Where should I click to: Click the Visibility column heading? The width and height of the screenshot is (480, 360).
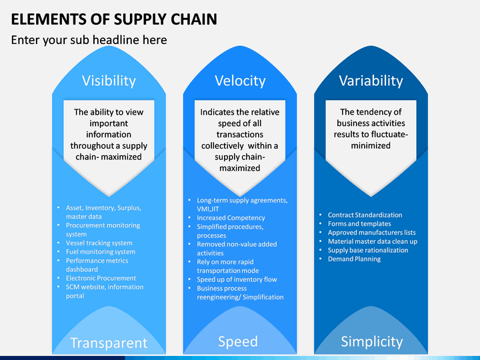(109, 81)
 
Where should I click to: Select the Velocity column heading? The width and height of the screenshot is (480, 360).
(240, 81)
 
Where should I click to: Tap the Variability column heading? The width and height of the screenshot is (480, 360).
(371, 81)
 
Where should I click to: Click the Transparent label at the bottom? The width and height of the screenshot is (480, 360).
(109, 343)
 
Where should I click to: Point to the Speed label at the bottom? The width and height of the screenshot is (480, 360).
(238, 341)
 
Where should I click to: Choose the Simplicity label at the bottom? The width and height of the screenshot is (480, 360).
(371, 341)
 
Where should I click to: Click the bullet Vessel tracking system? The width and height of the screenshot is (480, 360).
(99, 243)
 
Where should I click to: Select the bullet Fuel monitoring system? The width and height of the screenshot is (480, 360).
(101, 252)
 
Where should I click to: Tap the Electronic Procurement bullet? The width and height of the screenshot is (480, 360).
(101, 278)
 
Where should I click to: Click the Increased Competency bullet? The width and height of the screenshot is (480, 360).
(231, 218)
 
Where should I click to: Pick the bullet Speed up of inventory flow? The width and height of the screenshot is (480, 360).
(237, 279)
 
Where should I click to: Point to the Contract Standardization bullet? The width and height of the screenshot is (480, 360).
(365, 215)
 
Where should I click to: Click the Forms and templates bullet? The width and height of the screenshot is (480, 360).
(359, 224)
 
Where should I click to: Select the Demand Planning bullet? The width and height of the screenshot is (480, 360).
(354, 259)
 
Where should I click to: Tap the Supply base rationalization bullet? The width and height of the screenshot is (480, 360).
(368, 250)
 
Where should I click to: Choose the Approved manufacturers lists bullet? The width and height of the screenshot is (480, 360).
(371, 233)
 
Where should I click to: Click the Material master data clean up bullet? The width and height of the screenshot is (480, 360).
(373, 241)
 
